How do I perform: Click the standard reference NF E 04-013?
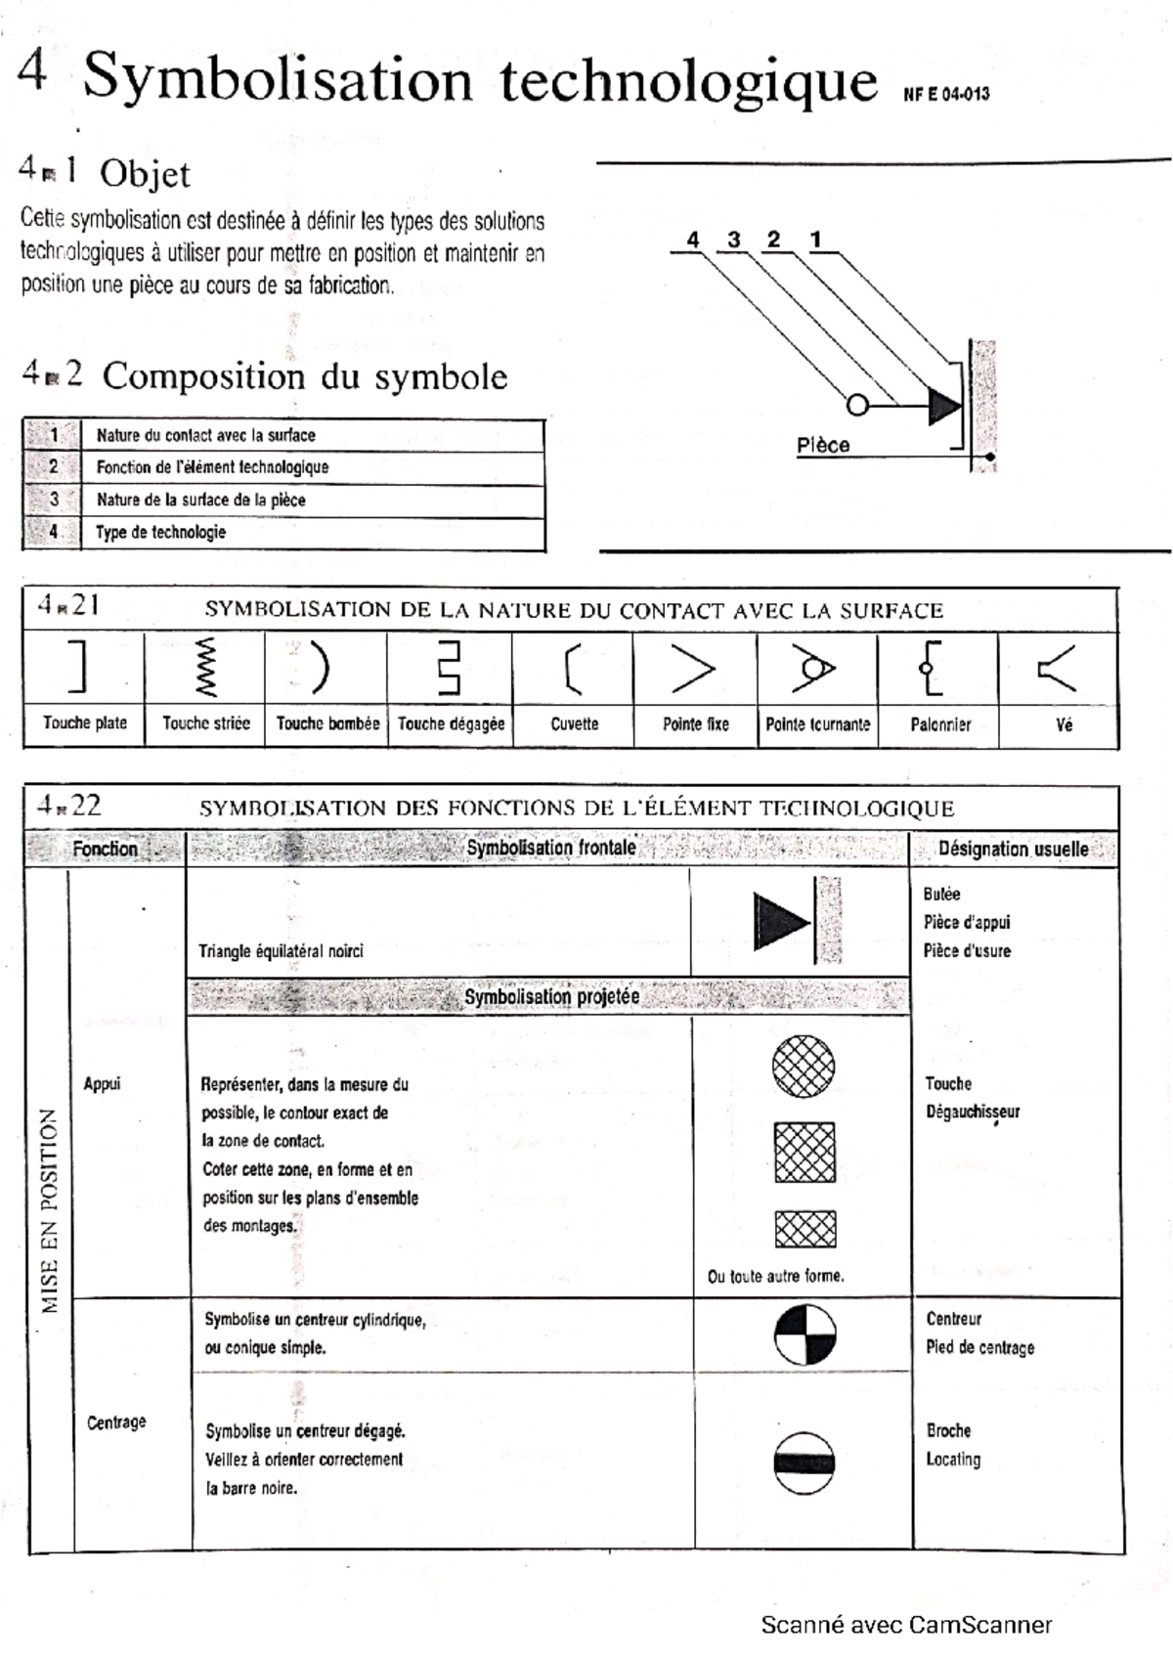coord(945,95)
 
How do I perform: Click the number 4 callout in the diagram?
coord(693,240)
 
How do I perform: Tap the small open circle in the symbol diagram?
coord(857,404)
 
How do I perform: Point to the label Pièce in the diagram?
coord(822,446)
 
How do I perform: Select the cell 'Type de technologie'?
coord(160,533)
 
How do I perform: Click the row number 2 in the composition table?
coord(54,467)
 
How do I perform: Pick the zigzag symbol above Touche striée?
coord(205,668)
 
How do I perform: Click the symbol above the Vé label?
coord(1057,671)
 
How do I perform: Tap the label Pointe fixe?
coord(695,724)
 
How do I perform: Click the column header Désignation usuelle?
coord(1013,850)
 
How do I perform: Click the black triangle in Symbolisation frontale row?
coord(781,921)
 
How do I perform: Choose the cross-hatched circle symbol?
coord(804,1067)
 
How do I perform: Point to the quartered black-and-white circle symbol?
coord(805,1334)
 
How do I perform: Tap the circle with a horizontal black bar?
coord(804,1463)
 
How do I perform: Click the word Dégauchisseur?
coord(973,1112)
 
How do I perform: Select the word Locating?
coord(953,1460)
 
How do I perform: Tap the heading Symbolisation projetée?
coord(551,997)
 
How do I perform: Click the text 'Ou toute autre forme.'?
coord(775,1277)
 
